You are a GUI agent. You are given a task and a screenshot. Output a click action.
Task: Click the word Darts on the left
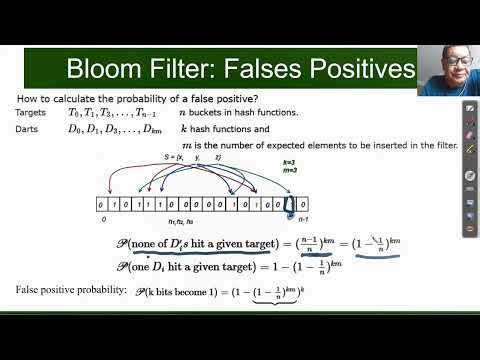tap(28, 130)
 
